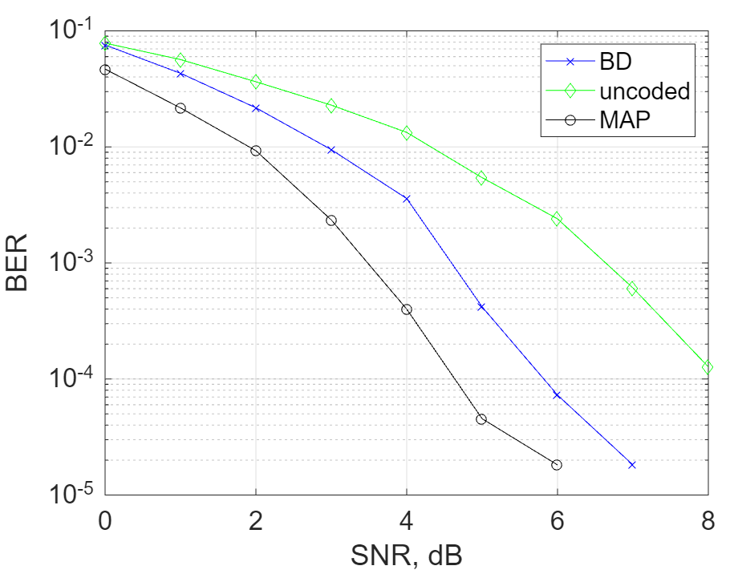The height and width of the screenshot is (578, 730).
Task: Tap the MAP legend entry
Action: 623,119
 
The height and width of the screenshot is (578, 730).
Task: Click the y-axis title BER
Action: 18,263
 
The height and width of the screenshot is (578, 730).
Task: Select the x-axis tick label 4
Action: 407,520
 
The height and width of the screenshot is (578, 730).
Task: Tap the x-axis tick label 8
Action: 708,520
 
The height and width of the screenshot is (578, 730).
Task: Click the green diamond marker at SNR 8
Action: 708,367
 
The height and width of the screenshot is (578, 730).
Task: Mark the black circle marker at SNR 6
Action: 557,465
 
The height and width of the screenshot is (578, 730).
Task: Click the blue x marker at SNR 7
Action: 632,465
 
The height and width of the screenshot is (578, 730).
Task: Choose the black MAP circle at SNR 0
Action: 104,70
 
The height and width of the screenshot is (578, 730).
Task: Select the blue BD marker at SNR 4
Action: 407,199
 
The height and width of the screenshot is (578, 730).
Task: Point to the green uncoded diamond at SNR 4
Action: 407,133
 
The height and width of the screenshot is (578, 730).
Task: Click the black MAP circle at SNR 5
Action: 481,419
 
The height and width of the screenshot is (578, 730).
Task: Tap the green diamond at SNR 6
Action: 557,219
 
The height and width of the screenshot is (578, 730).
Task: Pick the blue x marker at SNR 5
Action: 481,307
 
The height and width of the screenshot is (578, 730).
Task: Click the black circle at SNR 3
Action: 331,220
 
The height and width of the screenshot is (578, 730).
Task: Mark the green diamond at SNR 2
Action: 256,82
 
